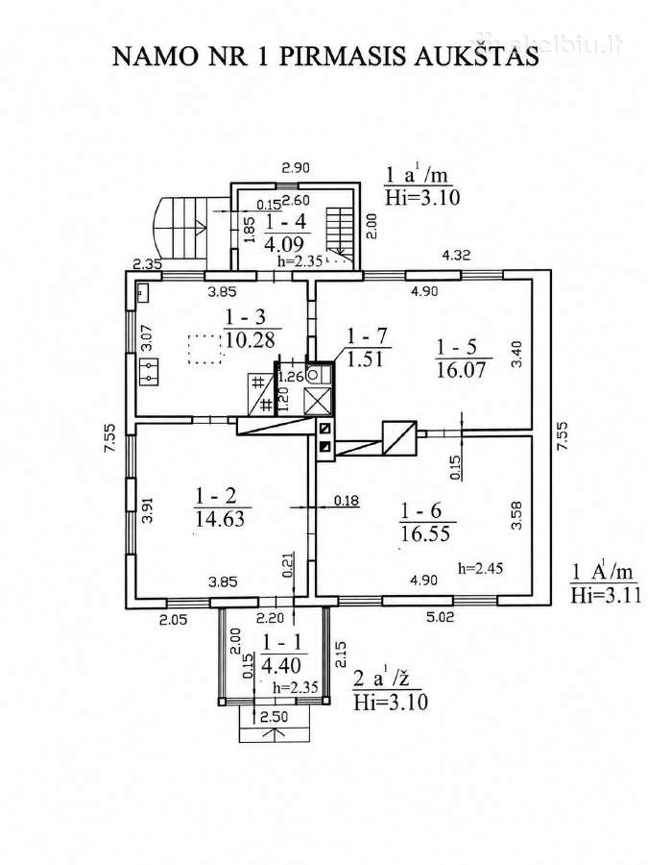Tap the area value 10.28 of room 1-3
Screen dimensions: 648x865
coord(251,339)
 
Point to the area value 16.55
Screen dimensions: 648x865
coord(425,532)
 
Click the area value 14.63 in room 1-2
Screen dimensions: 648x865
coord(220,519)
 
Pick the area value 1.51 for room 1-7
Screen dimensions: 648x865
coord(364,359)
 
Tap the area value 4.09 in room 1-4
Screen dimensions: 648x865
coord(284,243)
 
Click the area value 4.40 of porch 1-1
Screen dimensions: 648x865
coord(281,665)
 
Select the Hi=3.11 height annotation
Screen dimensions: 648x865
coord(606,595)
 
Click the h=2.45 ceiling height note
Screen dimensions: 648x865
coord(481,568)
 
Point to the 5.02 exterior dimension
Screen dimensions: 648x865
coord(440,616)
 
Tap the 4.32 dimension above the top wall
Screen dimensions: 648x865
coord(457,255)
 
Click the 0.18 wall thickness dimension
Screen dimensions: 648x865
coord(346,501)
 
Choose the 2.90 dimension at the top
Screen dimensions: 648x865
coord(296,167)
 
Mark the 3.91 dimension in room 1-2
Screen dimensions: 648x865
coord(147,510)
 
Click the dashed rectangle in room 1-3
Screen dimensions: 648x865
coord(205,350)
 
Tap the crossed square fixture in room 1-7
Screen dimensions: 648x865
coord(319,401)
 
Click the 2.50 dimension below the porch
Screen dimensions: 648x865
coord(274,717)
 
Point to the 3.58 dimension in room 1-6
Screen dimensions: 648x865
coord(516,515)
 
